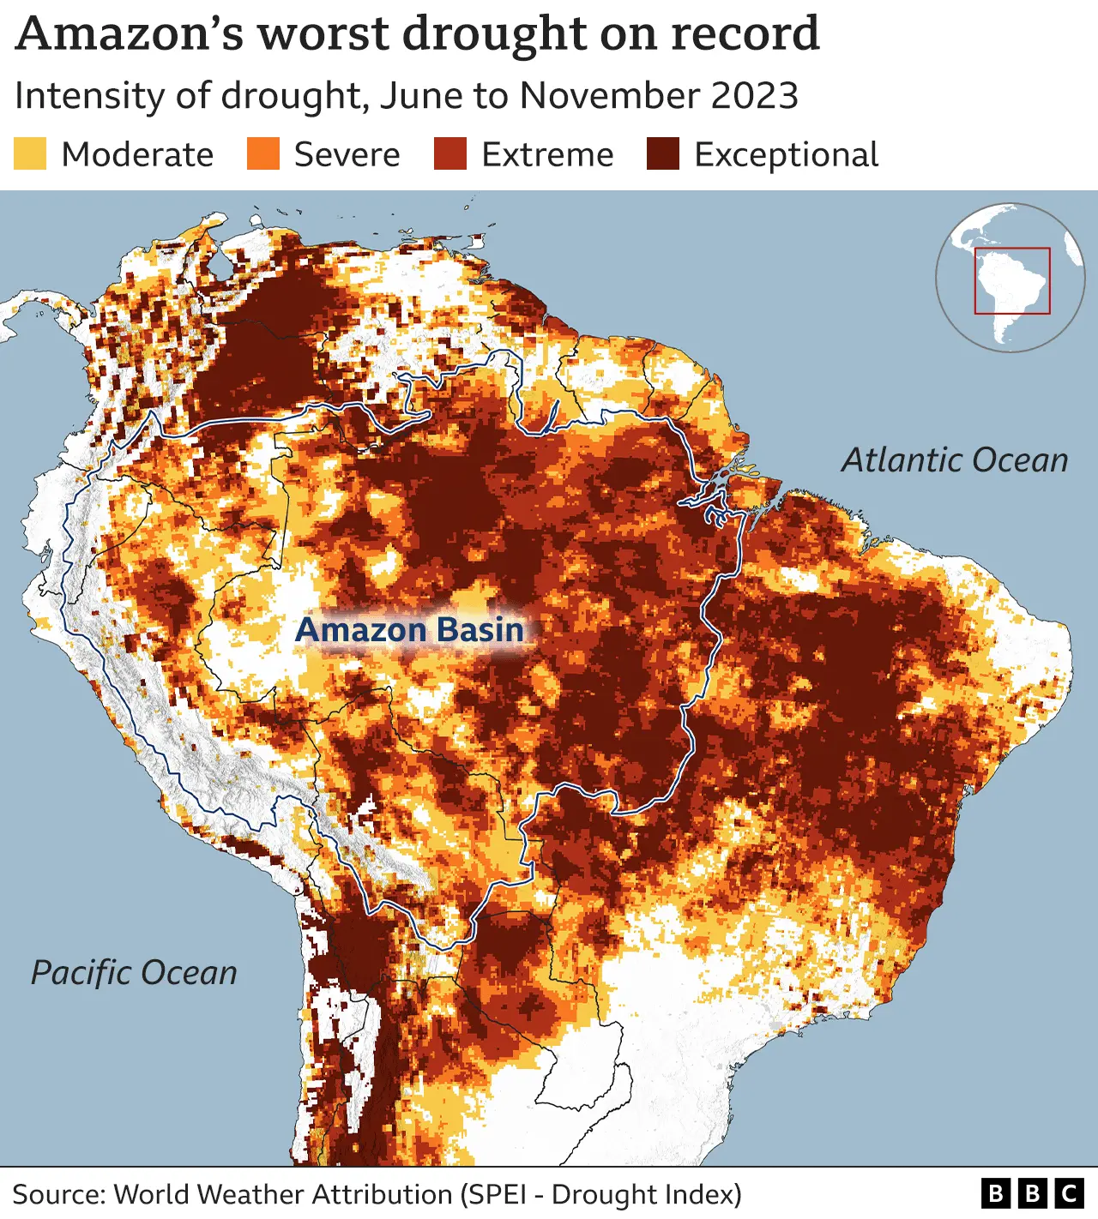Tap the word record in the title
[745, 34]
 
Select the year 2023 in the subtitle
[754, 95]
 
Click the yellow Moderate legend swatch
[30, 154]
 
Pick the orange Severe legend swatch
[263, 154]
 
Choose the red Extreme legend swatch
[450, 154]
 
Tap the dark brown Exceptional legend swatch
[663, 154]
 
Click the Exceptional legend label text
[786, 155]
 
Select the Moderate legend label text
[137, 155]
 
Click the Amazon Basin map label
[409, 630]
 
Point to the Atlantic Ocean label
[954, 460]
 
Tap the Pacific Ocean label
[134, 973]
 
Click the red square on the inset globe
[1012, 280]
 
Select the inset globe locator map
[1010, 277]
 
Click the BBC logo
[1032, 1193]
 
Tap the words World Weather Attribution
[282, 1194]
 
